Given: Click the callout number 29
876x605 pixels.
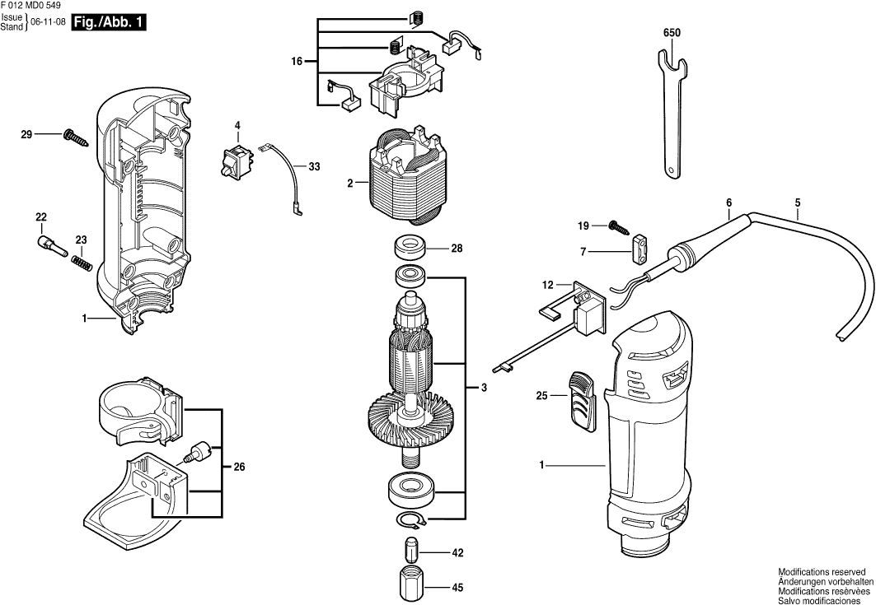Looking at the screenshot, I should click(26, 133).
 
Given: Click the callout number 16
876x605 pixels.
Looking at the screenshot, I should click(297, 62).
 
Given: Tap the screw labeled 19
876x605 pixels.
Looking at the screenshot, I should click(616, 225).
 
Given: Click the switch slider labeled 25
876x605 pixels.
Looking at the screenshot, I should click(582, 400).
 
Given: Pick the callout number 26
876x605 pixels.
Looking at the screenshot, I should click(239, 468).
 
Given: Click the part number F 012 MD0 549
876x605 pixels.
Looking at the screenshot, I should click(30, 6).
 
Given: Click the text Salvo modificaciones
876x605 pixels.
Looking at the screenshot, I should click(823, 598).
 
